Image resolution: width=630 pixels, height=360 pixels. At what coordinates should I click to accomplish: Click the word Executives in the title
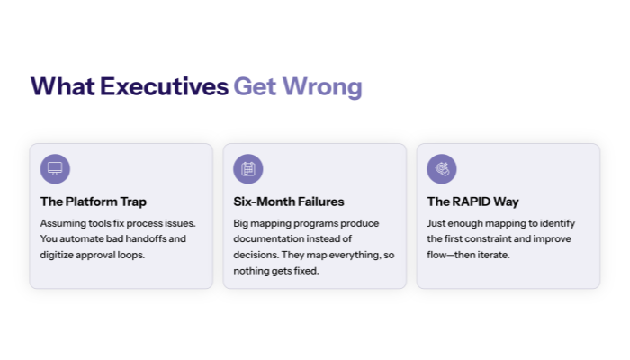click(164, 86)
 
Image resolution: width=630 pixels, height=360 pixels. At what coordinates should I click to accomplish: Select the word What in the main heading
click(63, 86)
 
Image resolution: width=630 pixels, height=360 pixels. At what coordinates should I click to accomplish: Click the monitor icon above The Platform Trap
click(55, 168)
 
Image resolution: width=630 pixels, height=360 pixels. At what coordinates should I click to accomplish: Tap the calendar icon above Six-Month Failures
click(248, 168)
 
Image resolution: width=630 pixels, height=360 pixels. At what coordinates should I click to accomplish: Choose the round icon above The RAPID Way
click(442, 168)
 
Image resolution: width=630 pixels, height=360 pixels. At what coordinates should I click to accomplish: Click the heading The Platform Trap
click(93, 202)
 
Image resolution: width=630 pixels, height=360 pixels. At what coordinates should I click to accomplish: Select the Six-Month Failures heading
click(288, 202)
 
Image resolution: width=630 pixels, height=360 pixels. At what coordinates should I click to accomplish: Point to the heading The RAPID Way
click(472, 202)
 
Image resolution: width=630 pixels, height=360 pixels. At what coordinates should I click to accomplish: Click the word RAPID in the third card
click(472, 202)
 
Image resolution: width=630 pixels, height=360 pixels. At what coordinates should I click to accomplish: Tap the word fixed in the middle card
click(306, 270)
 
